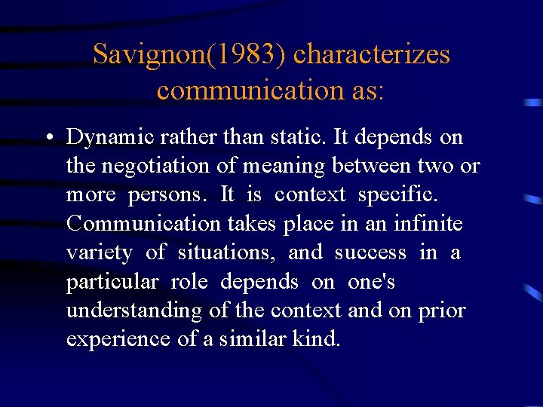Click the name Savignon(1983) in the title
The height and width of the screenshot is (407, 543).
click(x=189, y=54)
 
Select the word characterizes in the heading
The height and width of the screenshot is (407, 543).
click(x=371, y=54)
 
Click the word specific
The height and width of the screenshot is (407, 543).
click(x=397, y=194)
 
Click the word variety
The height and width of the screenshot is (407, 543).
click(x=98, y=252)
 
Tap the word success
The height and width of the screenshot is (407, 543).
click(x=370, y=252)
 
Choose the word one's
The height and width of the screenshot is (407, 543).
click(x=371, y=281)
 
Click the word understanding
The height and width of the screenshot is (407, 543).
click(x=133, y=310)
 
